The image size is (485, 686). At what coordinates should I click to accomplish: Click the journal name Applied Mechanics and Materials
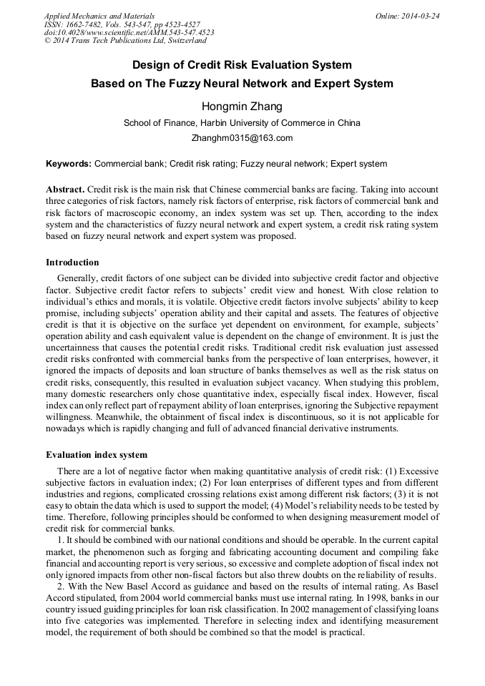[99, 16]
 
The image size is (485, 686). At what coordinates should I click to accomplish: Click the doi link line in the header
[129, 33]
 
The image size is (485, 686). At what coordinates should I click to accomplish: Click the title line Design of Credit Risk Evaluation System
[242, 64]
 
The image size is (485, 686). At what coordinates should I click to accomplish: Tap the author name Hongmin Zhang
[242, 107]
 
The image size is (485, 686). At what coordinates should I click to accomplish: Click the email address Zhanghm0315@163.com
[242, 138]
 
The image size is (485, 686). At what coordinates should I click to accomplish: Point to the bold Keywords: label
[69, 164]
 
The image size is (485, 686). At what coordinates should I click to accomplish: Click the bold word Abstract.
[65, 190]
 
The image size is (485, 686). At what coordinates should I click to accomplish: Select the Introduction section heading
[72, 263]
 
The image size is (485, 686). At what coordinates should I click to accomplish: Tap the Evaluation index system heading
[97, 454]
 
